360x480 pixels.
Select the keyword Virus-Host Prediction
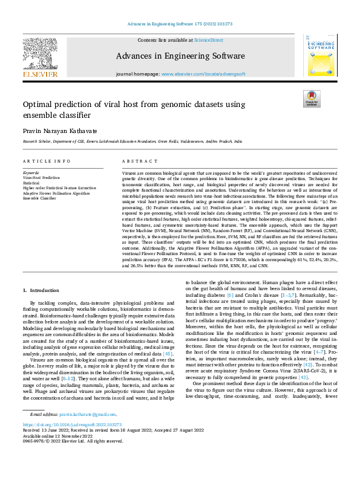[41, 178]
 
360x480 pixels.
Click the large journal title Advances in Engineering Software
[180, 56]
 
